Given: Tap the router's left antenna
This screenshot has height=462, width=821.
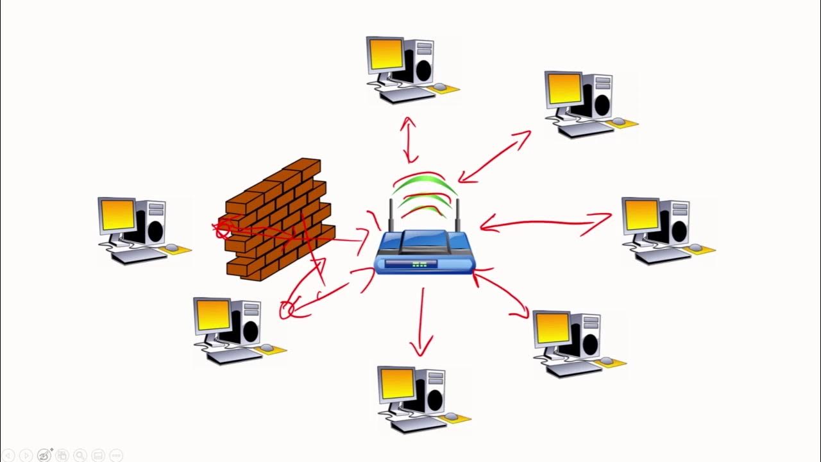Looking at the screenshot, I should click(391, 216).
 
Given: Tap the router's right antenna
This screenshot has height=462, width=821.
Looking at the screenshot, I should click(459, 216).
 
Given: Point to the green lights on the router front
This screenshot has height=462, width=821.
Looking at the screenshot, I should click(420, 264).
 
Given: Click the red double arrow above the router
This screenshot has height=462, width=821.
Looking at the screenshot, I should click(409, 139).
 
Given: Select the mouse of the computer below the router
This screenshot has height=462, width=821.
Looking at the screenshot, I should click(452, 416).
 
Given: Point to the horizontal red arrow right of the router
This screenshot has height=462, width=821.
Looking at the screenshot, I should click(545, 223).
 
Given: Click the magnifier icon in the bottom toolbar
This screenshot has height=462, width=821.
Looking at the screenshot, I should click(80, 455).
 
